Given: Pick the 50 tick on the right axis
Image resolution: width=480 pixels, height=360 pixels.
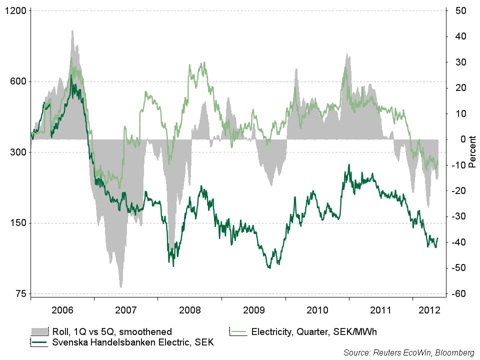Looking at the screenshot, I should click(461, 11).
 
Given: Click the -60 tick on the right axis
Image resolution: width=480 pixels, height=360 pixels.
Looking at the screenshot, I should click(459, 294).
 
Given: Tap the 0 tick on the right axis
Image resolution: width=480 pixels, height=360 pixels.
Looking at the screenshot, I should click(463, 139).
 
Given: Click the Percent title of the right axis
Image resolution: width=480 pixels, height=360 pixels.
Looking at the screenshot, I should click(472, 152).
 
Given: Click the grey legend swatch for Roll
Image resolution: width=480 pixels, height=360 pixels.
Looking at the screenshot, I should click(39, 331).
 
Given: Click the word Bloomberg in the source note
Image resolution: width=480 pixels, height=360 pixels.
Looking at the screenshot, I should click(454, 353).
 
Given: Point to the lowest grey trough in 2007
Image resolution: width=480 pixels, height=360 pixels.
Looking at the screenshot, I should click(121, 287).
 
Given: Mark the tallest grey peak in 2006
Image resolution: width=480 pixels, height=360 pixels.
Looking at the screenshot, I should click(72, 31).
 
